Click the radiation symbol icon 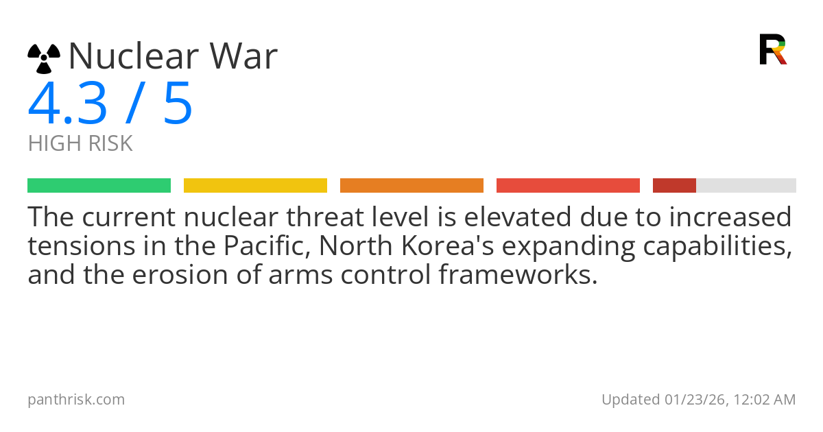pos(44,58)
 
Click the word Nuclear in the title pos(131,56)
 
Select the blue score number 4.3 pos(67,104)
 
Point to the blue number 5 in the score pos(178,104)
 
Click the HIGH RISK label pos(80,144)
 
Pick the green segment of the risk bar pos(99,186)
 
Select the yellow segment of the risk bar pos(255,186)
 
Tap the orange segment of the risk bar pos(411,186)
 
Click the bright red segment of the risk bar pos(568,186)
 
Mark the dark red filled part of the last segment pos(674,186)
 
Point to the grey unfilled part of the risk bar pos(746,186)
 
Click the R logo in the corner pos(773,49)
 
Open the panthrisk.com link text pos(76,400)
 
